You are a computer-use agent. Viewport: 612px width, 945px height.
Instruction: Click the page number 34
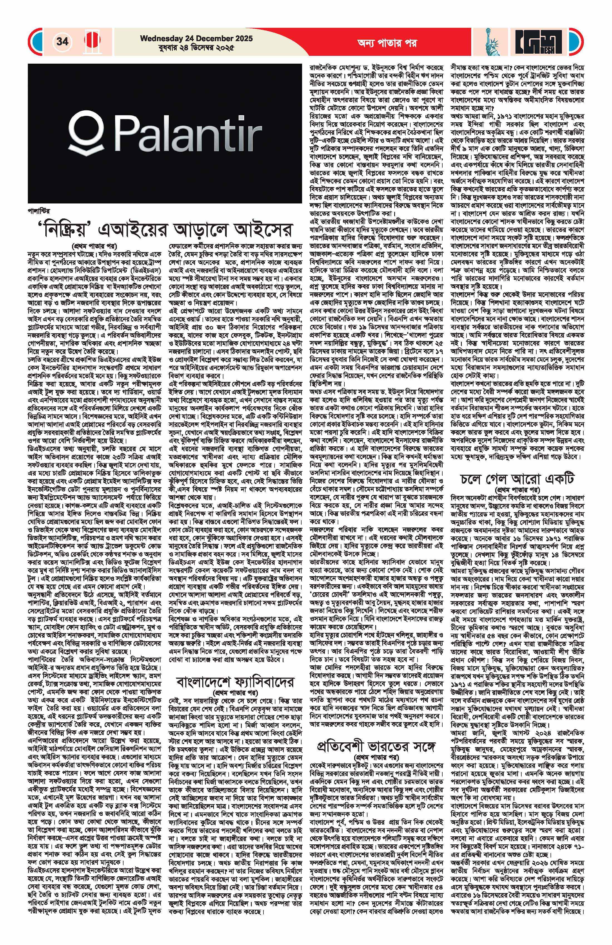click(62, 41)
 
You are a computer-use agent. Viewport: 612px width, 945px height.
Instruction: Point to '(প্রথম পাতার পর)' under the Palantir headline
click(95, 245)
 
